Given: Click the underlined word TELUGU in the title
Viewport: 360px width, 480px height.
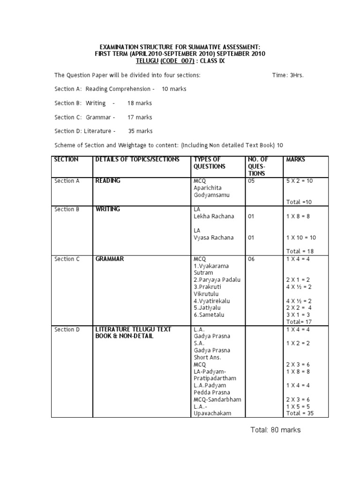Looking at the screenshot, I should [147, 61].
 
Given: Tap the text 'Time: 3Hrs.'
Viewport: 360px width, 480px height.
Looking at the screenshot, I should [288, 75].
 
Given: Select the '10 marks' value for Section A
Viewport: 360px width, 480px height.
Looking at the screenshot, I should [174, 89].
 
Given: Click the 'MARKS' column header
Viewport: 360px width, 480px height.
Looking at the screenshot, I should [295, 159].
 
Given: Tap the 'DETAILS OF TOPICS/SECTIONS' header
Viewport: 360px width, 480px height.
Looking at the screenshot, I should [137, 159].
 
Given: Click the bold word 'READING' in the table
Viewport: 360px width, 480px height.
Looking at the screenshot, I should [108, 180].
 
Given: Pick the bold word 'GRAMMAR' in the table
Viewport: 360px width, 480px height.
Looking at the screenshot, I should [110, 259].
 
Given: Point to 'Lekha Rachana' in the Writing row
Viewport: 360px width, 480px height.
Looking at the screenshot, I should [213, 217].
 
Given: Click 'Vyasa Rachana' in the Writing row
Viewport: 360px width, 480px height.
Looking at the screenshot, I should [213, 238].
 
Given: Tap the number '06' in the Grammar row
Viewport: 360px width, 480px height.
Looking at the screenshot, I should [251, 259].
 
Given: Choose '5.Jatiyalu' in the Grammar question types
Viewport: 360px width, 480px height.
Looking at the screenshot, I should [209, 308].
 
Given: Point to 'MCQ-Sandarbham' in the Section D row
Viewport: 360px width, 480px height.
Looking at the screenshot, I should [217, 399].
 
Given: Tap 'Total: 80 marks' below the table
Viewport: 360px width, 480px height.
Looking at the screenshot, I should [276, 430].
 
